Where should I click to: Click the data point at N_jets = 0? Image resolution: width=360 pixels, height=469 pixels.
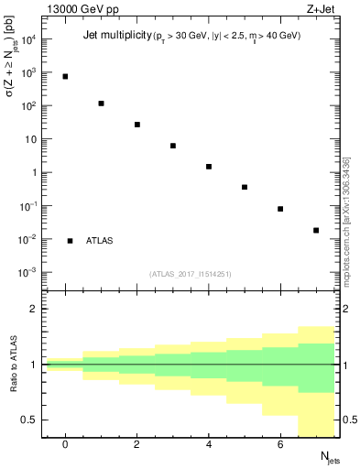(x=65, y=76)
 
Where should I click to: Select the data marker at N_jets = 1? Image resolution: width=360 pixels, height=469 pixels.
(x=101, y=104)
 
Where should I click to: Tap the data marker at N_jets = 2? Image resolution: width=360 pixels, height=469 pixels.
(x=137, y=125)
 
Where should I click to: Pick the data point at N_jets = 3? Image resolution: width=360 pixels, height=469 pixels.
(x=173, y=146)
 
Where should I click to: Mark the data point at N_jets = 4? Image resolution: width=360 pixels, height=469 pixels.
(x=209, y=167)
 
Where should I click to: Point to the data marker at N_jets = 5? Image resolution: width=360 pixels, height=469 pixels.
(x=245, y=187)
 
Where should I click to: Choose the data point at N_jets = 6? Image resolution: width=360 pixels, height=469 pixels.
(x=280, y=209)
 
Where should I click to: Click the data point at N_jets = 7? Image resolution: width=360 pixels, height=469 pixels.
(x=316, y=230)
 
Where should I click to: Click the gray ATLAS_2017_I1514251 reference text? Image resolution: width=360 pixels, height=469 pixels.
(x=191, y=274)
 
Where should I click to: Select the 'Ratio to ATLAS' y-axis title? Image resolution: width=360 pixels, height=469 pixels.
(x=14, y=365)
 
